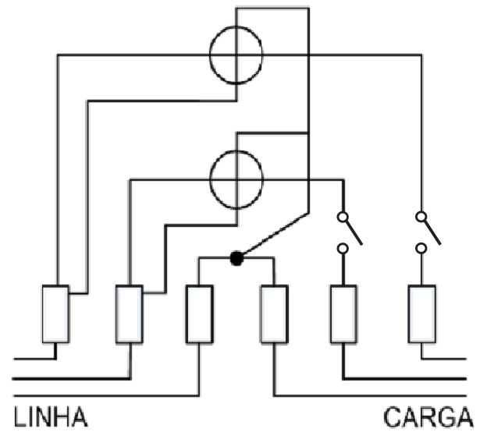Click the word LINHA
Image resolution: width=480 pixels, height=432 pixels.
pyautogui.click(x=51, y=416)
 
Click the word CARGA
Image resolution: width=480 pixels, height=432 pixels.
pyautogui.click(x=428, y=416)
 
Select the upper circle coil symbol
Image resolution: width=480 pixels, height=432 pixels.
pyautogui.click(x=210, y=55)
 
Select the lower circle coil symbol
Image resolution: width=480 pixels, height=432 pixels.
pyautogui.click(x=211, y=180)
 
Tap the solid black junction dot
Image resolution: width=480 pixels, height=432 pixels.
pyautogui.click(x=236, y=259)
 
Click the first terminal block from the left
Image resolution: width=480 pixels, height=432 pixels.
pyautogui.click(x=55, y=314)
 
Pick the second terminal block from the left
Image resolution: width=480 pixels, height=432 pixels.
pyautogui.click(x=130, y=314)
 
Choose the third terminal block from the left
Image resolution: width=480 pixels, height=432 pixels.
pyautogui.click(x=200, y=314)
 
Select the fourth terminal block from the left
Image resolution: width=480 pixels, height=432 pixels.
pyautogui.click(x=274, y=314)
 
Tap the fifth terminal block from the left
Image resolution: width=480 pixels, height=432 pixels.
pyautogui.click(x=343, y=314)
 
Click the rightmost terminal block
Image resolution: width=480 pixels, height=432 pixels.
pyautogui.click(x=421, y=314)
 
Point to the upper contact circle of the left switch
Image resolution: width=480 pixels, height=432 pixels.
pyautogui.click(x=343, y=217)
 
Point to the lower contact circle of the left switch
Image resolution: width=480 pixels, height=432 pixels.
pyautogui.click(x=343, y=249)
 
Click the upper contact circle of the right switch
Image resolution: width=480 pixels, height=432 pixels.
pyautogui.click(x=421, y=217)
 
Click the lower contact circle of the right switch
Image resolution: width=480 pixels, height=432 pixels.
pyautogui.click(x=421, y=249)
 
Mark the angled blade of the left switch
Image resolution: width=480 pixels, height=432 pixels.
pyautogui.click(x=354, y=232)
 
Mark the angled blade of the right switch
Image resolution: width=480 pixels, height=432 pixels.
pyautogui.click(x=432, y=232)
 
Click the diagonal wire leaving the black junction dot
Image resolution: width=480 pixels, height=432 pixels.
pyautogui.click(x=275, y=235)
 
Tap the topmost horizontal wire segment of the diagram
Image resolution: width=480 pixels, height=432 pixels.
pyautogui.click(x=272, y=9)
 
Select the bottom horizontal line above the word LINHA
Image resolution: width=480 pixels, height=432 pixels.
pyautogui.click(x=106, y=396)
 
